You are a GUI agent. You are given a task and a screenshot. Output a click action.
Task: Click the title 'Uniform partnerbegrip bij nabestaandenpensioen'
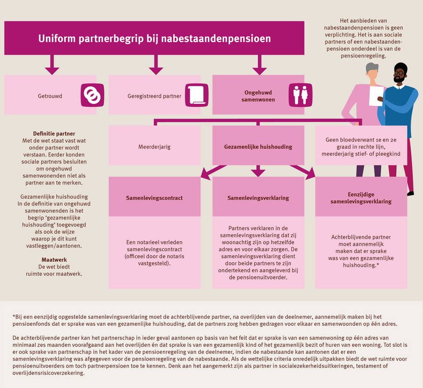[155, 38]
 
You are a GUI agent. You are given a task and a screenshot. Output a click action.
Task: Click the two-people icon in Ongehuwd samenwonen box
[299, 95]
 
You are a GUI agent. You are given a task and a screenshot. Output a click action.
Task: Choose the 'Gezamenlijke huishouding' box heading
[258, 147]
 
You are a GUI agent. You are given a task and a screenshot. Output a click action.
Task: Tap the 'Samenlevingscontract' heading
[154, 198]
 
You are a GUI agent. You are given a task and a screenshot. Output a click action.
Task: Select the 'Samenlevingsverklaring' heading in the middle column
[258, 198]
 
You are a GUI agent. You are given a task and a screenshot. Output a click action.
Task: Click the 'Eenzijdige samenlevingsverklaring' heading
[361, 198]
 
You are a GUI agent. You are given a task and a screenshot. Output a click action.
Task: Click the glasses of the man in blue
[399, 73]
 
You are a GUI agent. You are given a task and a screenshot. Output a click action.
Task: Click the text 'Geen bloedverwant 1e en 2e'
[361, 138]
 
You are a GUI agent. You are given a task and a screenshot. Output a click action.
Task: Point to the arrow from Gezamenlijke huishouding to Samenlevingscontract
[208, 173]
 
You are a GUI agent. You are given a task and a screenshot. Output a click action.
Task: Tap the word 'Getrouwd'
[49, 96]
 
